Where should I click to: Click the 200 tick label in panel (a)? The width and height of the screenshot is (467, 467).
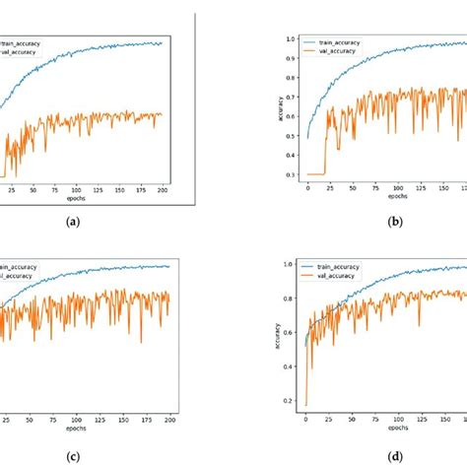coord(161,189)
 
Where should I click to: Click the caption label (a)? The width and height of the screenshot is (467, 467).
coord(73,224)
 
